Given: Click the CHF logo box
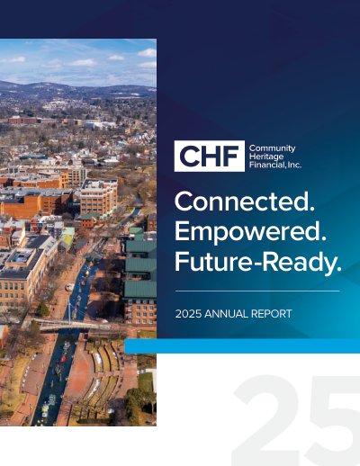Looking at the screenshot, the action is pos(210,156).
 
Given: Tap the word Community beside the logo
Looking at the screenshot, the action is pos(272,148).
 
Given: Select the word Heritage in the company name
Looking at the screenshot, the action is pos(266,157).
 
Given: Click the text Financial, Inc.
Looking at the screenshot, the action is pos(275,165).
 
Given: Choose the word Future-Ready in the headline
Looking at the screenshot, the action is pos(255,263).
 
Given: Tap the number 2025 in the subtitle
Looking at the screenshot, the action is pos(188,314).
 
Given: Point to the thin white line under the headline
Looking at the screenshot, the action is pos(257,291).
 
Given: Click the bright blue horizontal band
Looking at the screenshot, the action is pos(242,346).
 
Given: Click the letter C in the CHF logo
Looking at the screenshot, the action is pos(190,157).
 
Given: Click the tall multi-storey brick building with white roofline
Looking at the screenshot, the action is pos(98,196).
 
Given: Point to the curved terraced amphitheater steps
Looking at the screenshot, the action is pos(105,371).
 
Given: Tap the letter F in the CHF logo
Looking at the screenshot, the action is pos(231,157).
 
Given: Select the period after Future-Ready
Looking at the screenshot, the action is pos(338,269).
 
